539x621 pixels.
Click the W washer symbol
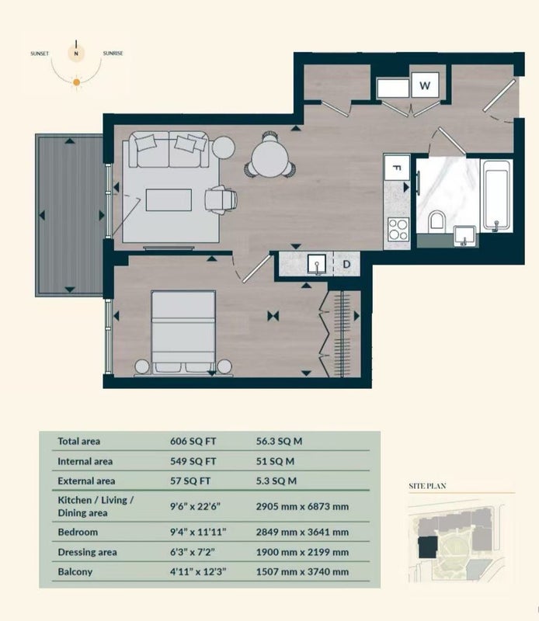(425, 85)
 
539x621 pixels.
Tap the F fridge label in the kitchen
(396, 168)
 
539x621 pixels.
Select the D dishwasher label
(346, 264)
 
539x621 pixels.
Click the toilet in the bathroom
(436, 220)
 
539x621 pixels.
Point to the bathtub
(496, 196)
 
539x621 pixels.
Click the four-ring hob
(398, 230)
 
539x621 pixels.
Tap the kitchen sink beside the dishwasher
(317, 264)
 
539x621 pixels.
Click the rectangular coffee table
(169, 199)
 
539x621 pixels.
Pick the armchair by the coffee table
(221, 199)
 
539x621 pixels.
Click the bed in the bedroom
(183, 332)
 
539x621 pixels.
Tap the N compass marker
(76, 53)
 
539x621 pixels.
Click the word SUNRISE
(113, 53)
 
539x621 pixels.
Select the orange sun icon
(76, 82)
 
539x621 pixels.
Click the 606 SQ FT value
(193, 441)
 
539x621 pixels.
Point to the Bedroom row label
(78, 532)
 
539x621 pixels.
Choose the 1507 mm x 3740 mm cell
(302, 572)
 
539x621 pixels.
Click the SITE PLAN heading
(427, 486)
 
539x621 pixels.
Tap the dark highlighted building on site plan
(427, 547)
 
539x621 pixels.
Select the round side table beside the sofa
(224, 147)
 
